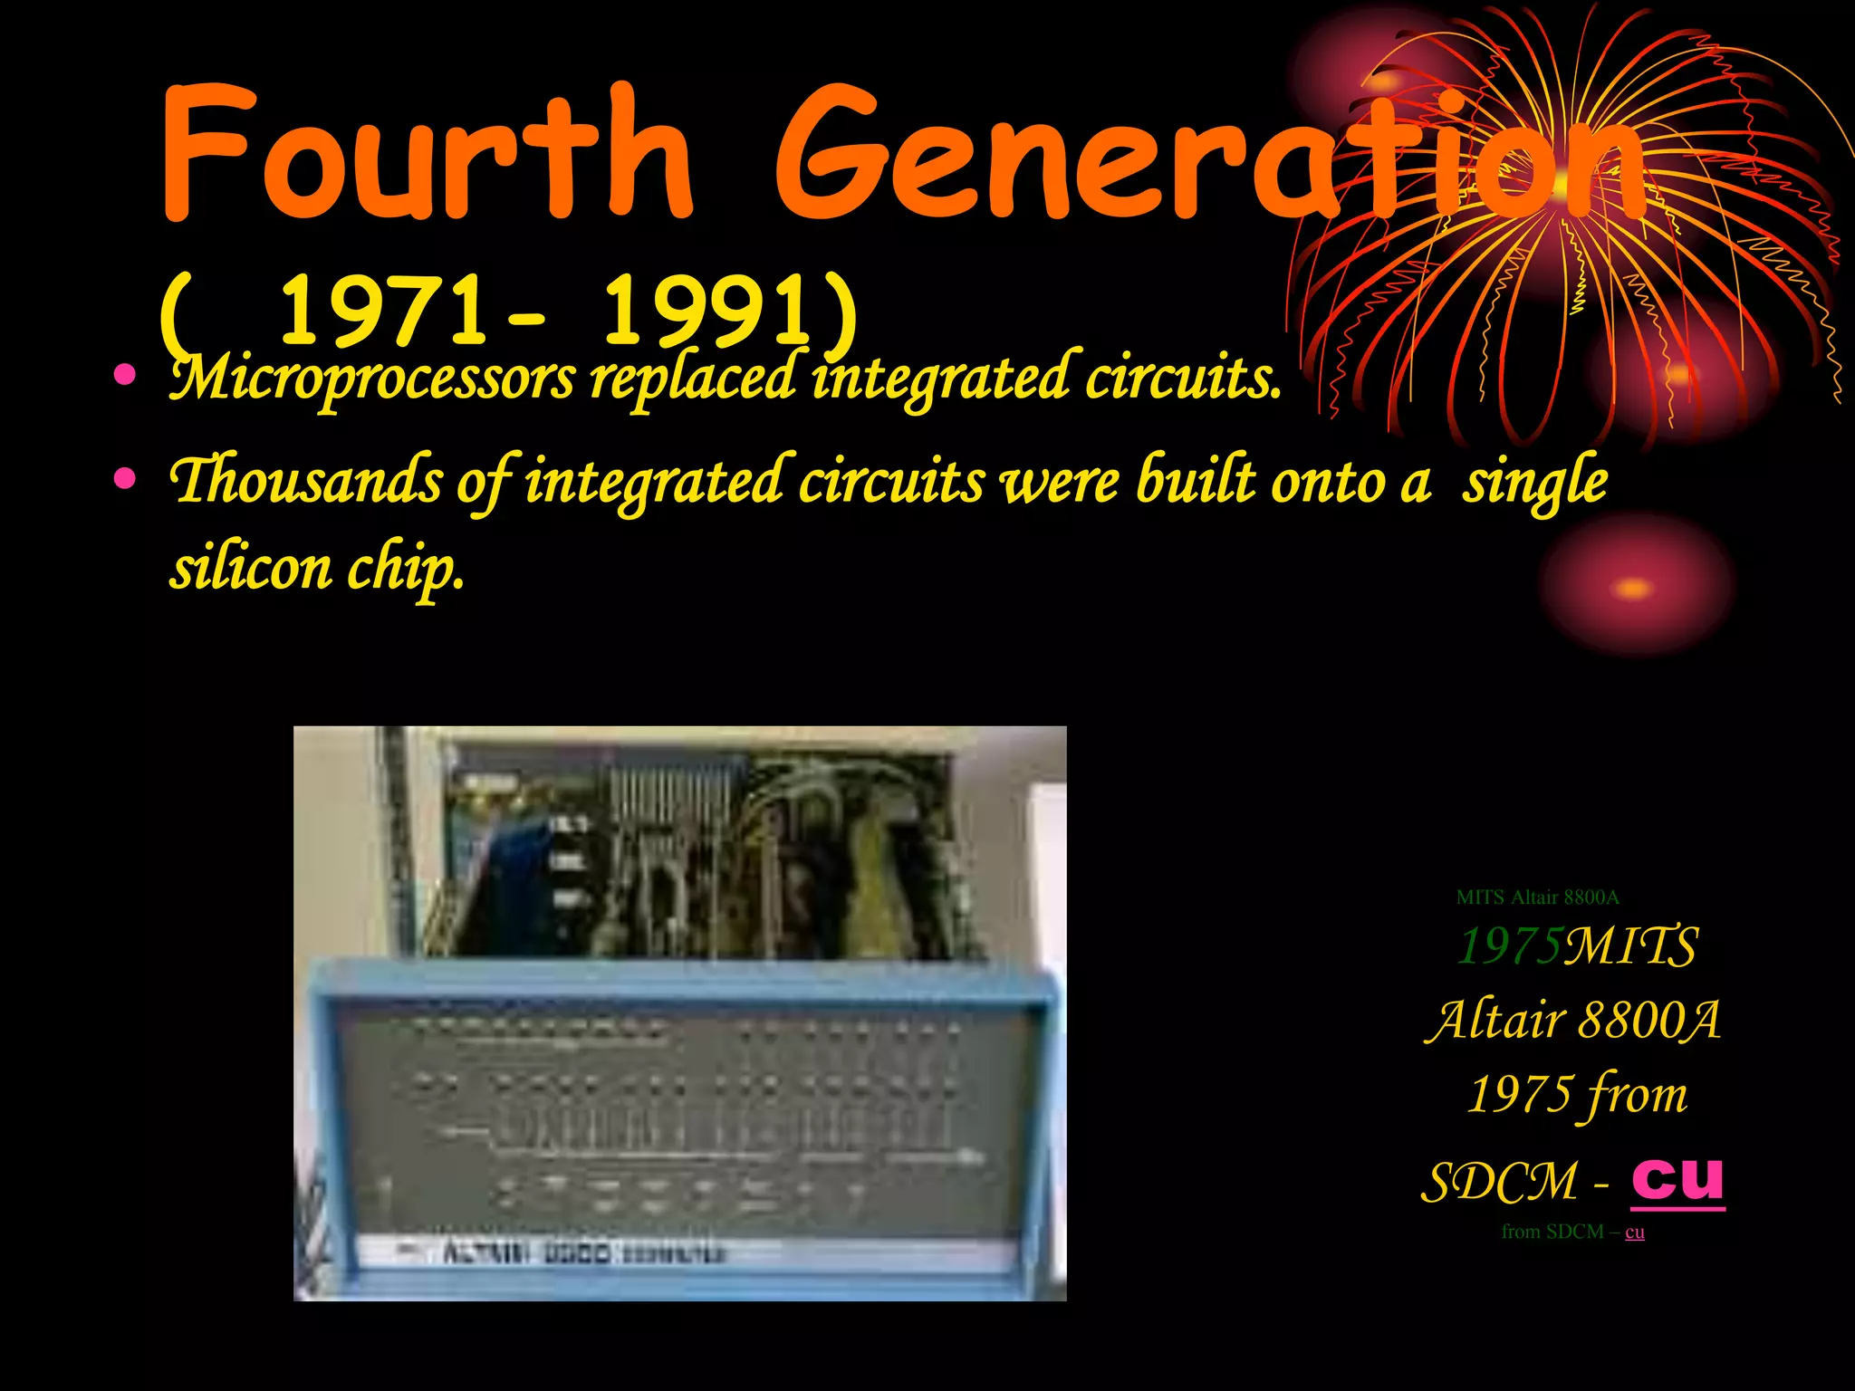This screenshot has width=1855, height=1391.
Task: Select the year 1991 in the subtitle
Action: tap(706, 312)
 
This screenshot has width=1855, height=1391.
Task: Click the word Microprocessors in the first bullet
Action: tap(371, 379)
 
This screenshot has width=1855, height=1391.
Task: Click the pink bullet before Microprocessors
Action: tap(126, 375)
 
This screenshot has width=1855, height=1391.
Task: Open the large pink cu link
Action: tap(1677, 1179)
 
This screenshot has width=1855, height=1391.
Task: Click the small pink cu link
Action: tap(1635, 1233)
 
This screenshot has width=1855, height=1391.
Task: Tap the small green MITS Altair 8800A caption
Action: tap(1537, 897)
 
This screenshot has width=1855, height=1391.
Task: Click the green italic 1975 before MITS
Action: tap(1509, 947)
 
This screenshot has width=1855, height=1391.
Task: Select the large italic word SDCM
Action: tap(1498, 1183)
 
